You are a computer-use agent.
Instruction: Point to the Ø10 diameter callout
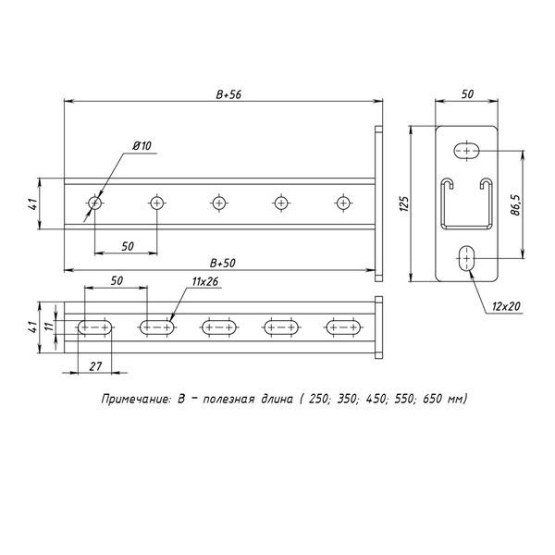point(142,147)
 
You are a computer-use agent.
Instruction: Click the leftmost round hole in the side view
point(95,202)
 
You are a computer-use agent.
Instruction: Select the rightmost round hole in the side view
point(343,202)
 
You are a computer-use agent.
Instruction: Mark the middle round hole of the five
point(219,202)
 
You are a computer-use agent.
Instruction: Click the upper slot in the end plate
point(467,150)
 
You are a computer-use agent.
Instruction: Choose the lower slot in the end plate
point(467,258)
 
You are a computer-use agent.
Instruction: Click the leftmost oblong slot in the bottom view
point(96,326)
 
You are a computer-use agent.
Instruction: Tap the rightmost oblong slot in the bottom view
point(343,326)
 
